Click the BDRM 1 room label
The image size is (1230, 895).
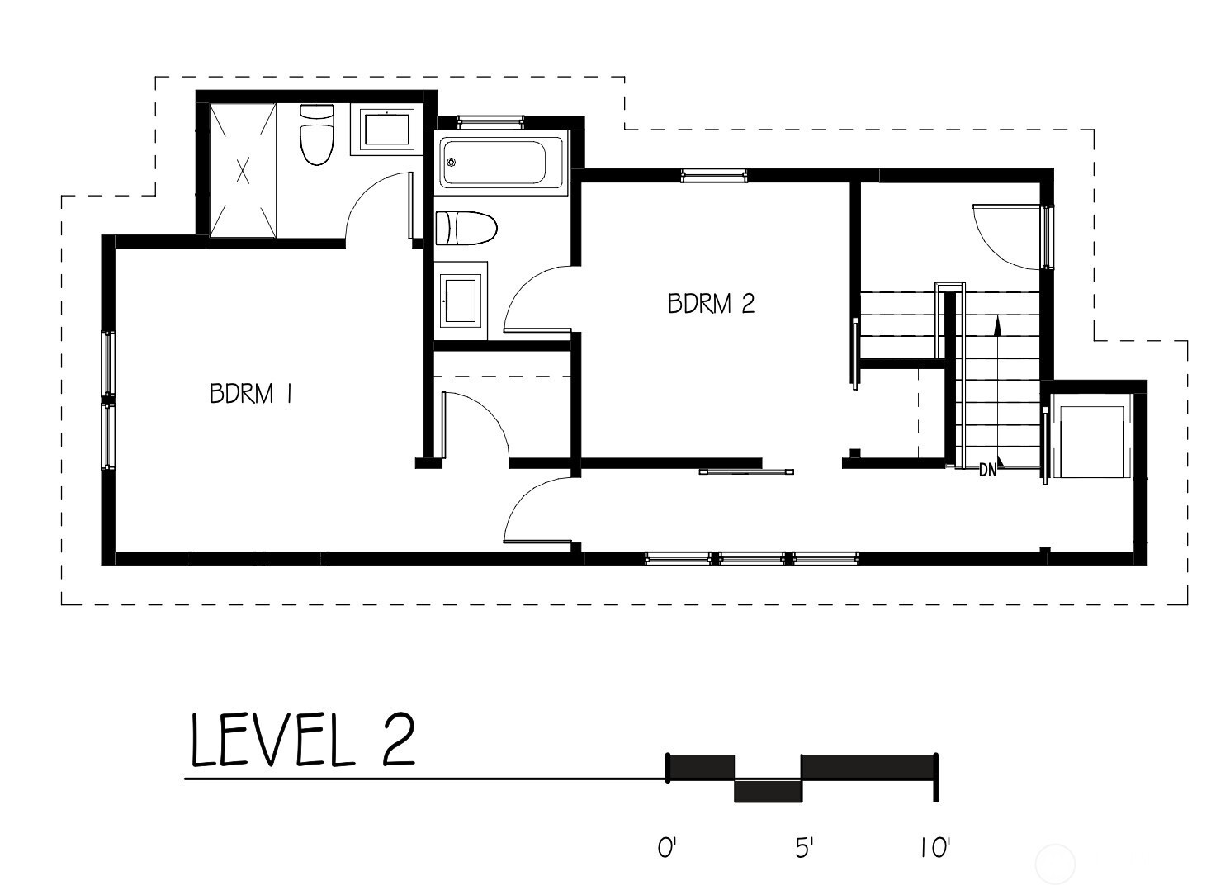coord(250,394)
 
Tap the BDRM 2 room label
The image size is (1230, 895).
coord(711,304)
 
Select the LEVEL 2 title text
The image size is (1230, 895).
coord(303,740)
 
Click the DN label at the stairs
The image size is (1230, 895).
coord(988,471)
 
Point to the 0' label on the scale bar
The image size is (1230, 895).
coord(667,848)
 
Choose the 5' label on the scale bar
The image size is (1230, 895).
coord(803,848)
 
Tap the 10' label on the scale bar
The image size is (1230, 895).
coord(934,848)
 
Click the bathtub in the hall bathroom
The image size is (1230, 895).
coord(501,163)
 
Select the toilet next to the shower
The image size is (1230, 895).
coord(317,135)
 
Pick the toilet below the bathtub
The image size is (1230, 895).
coord(466,229)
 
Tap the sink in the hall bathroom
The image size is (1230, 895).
coord(461,300)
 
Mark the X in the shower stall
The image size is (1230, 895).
coord(243,170)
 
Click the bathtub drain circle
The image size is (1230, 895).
coord(452,162)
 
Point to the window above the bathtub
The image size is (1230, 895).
coord(491,122)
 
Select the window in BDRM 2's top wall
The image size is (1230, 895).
coord(714,175)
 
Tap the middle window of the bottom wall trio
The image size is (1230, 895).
coord(752,559)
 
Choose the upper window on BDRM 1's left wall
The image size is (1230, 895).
coord(110,363)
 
